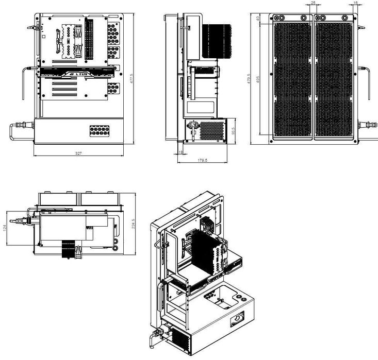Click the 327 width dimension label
point(78,153)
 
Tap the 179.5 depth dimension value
point(202,161)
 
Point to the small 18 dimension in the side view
point(180,152)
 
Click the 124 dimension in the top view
point(5,227)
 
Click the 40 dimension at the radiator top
point(257,19)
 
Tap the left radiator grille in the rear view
point(292,80)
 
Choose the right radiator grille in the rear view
point(334,80)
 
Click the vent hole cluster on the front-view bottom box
point(100,130)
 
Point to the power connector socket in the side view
point(193,126)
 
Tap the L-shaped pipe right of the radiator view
point(368,82)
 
